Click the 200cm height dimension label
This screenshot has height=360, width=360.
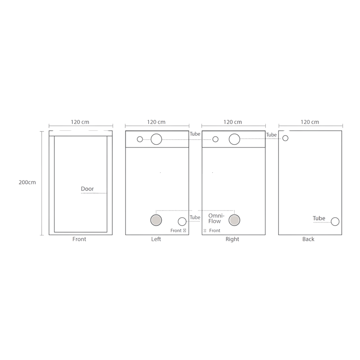pos(27,182)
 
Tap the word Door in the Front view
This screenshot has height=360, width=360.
pos(87,189)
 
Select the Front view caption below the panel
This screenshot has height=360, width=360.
pos(79,239)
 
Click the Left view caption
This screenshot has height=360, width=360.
pos(156,239)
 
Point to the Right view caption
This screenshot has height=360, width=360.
pos(232,239)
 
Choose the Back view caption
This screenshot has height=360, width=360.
pos(308,239)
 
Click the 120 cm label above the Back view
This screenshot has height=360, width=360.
pos(310,122)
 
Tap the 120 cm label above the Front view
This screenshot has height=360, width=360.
pos(80,122)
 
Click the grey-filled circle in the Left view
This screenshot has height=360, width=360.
pos(156,220)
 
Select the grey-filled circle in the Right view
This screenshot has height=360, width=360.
pos(234,220)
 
